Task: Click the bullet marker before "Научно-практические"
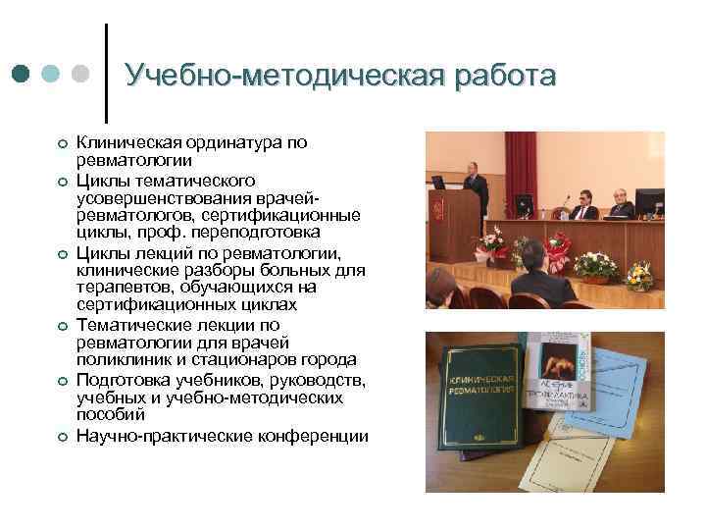[61, 436]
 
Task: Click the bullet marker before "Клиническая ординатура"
[61, 144]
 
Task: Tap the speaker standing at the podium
[475, 182]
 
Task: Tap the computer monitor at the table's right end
[648, 204]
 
